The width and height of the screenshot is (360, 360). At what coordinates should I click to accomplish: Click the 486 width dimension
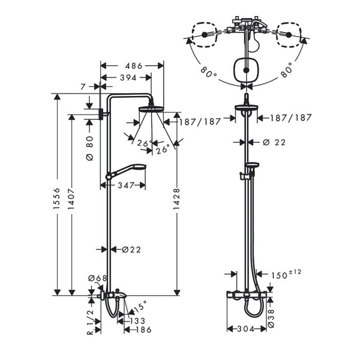pos(134,66)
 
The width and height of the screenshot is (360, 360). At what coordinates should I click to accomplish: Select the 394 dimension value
pos(128,77)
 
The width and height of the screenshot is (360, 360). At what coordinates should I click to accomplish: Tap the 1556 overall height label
pos(56,199)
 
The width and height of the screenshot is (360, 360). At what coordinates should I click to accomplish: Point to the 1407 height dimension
pos(71,199)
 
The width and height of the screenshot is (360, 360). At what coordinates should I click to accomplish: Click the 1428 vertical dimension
pos(176,199)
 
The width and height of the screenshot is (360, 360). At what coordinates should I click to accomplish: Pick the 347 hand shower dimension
pos(126,185)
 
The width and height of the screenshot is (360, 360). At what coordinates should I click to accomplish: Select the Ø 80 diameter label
pos(89,148)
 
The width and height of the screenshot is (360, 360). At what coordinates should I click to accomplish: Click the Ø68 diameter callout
pos(98,278)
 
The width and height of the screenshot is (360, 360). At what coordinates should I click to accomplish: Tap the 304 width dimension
pos(245,329)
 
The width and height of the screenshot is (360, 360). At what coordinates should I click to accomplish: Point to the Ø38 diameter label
pos(271,318)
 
